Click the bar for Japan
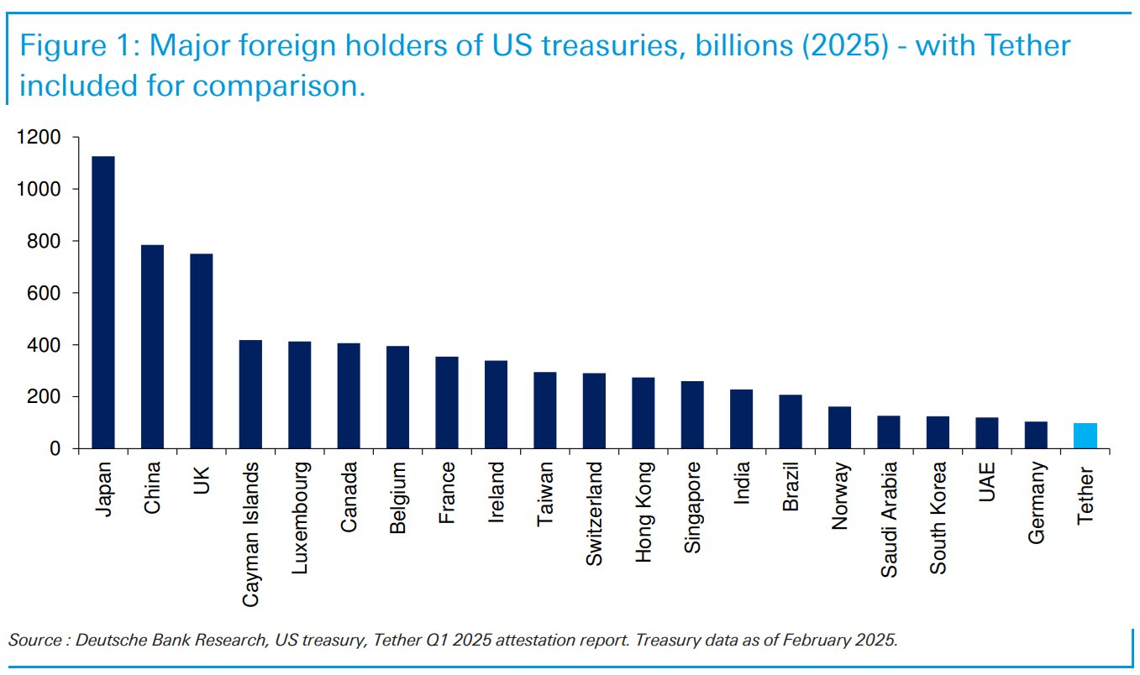tap(103, 302)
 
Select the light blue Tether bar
tap(1085, 436)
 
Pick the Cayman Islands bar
tap(250, 395)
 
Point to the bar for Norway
tap(839, 427)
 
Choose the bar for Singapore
tap(692, 415)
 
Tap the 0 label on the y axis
tap(56, 449)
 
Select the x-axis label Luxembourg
tap(299, 517)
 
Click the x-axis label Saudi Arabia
tap(889, 519)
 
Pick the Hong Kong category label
tap(643, 511)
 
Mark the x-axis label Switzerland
tap(594, 513)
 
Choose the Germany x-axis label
tap(1036, 502)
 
